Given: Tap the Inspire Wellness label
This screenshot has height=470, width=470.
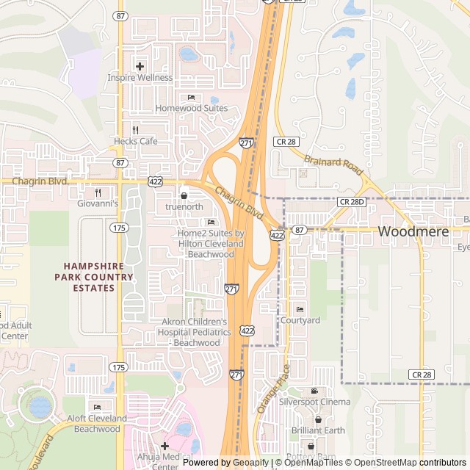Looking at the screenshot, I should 140,77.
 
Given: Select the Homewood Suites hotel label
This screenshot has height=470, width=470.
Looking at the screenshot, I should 191,108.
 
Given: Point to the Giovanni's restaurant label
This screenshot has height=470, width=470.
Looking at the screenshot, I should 98,203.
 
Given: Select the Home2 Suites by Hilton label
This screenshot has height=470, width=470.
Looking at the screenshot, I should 211,243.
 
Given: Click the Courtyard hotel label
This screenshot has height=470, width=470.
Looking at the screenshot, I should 300,320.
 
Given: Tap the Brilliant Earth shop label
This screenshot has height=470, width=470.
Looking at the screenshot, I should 318,430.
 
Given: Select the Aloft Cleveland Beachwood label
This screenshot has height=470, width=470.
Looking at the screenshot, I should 98,423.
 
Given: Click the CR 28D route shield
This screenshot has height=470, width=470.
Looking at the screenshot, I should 351,201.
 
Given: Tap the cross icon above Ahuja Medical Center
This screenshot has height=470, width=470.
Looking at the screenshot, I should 164,446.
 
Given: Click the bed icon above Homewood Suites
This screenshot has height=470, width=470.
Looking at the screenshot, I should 191,97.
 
